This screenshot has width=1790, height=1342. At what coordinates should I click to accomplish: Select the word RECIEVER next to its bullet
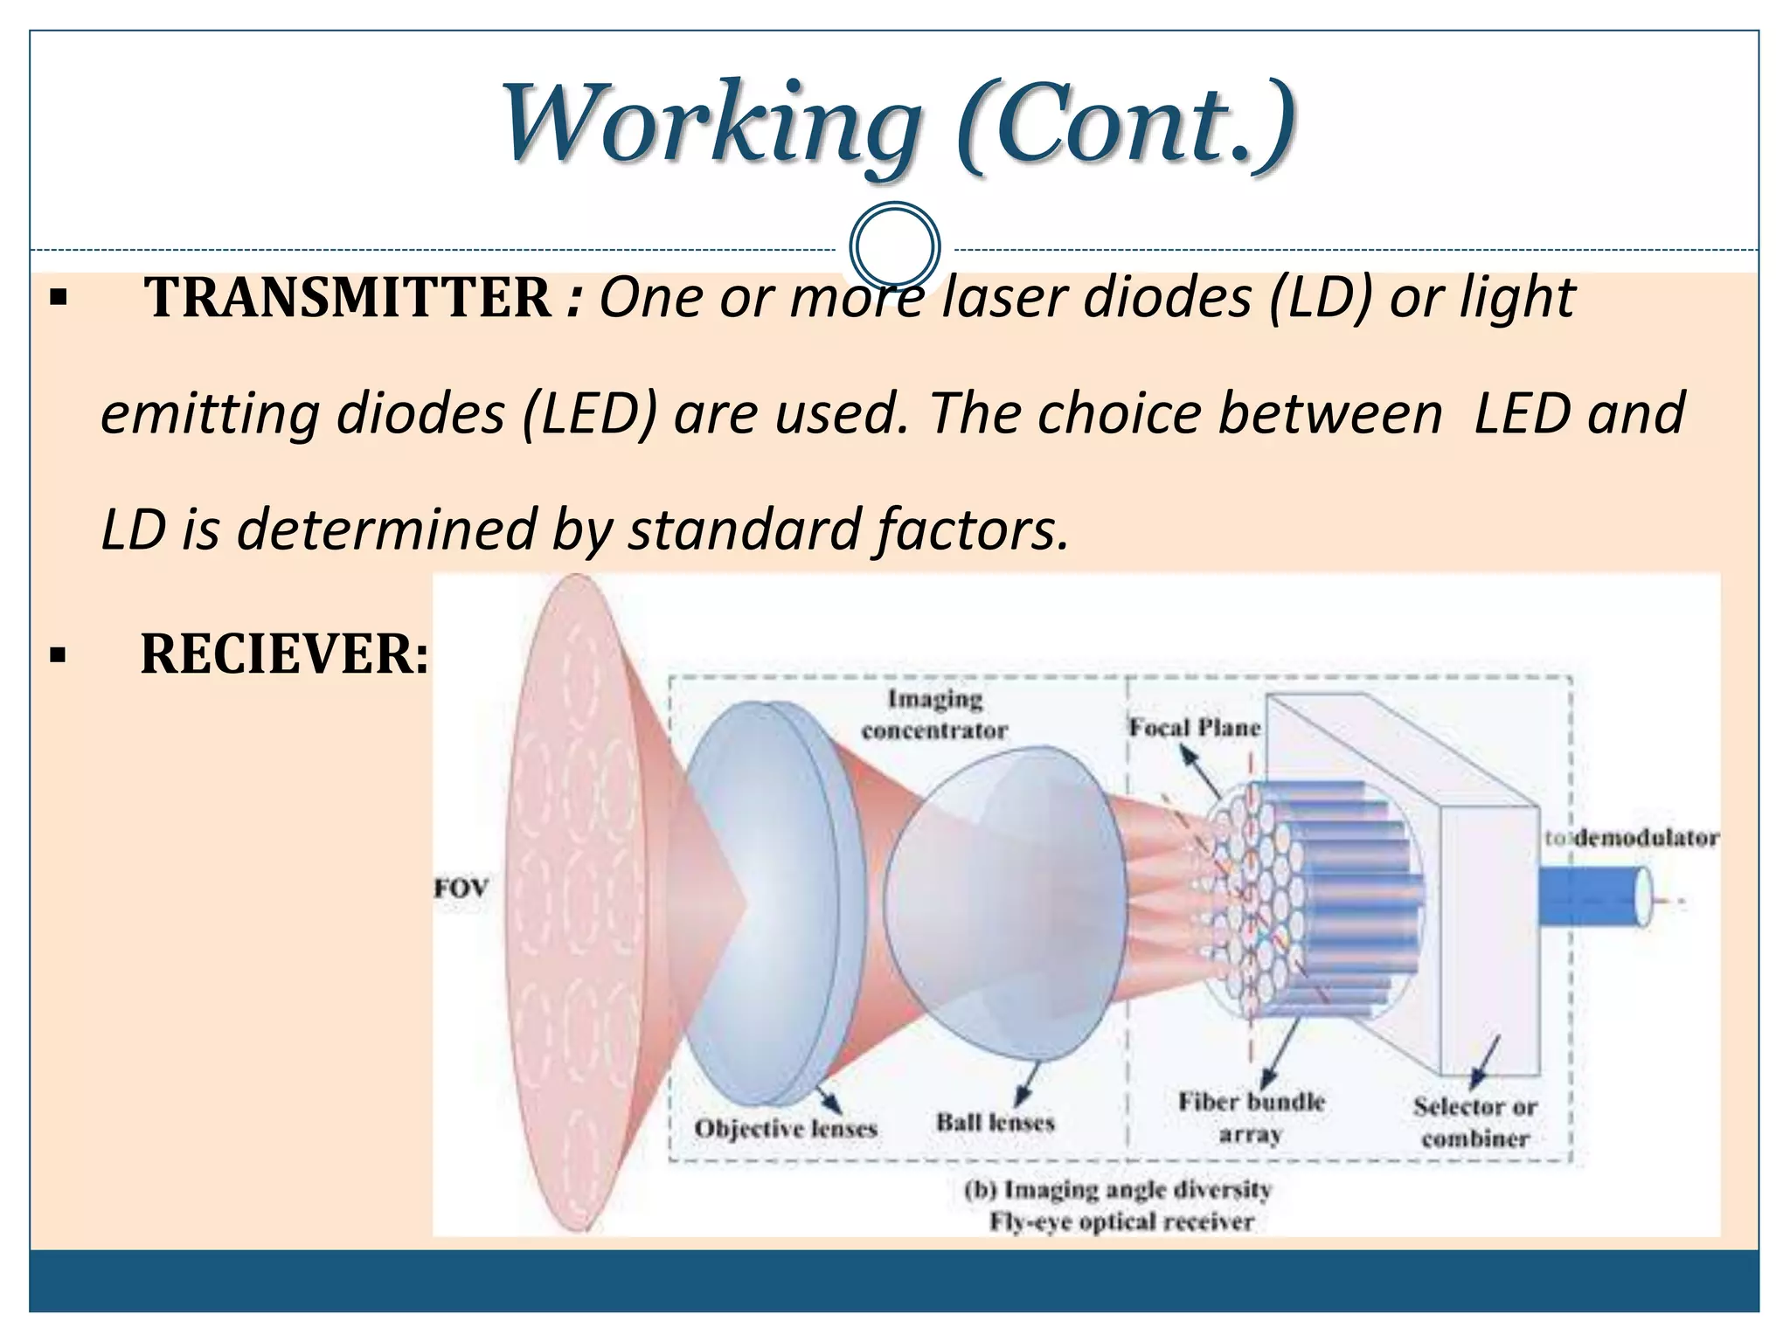(x=284, y=654)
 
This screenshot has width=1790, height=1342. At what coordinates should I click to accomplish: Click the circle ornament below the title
(x=894, y=247)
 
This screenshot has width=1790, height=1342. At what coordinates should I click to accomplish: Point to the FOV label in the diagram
(x=461, y=889)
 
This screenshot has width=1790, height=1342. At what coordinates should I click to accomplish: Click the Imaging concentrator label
(x=934, y=715)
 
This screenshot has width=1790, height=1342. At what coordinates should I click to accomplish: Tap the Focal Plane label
(x=1194, y=728)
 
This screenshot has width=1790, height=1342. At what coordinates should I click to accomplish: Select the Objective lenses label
(x=785, y=1129)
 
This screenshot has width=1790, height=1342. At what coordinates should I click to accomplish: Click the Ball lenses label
(x=996, y=1122)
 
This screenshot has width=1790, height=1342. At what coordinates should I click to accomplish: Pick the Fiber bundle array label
(x=1251, y=1117)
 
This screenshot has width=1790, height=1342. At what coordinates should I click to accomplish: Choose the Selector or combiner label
(x=1474, y=1122)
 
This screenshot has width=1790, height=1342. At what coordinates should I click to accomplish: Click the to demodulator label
(x=1631, y=838)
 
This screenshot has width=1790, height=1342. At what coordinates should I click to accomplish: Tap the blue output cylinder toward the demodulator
(x=1591, y=896)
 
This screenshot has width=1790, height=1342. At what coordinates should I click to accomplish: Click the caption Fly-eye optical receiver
(x=1121, y=1221)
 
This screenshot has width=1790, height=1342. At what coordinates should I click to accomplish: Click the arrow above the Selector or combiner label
(x=1487, y=1062)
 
